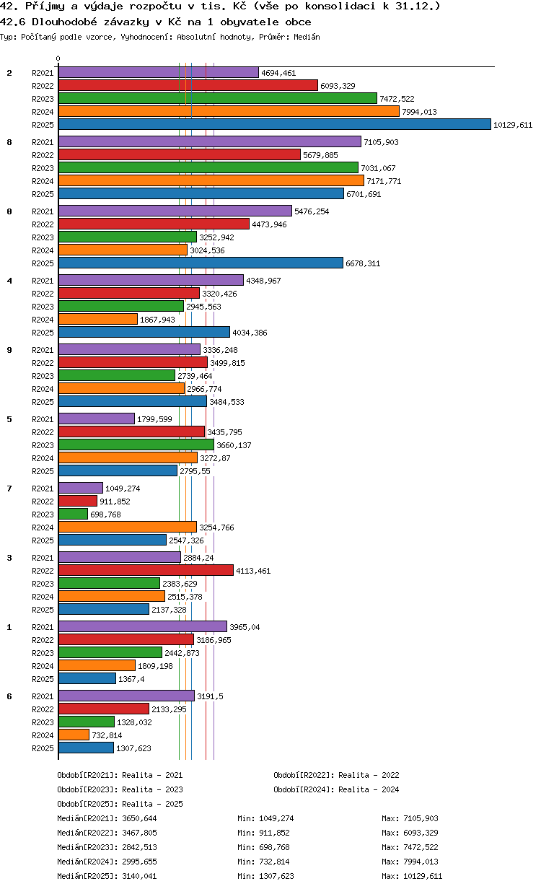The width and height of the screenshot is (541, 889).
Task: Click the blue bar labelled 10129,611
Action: click(x=274, y=125)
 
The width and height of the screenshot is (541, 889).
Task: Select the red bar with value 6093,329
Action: click(x=188, y=85)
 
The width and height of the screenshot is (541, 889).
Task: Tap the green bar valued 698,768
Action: click(x=73, y=514)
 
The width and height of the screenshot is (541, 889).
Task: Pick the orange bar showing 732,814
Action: click(x=74, y=735)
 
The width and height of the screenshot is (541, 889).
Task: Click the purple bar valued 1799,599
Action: click(x=97, y=419)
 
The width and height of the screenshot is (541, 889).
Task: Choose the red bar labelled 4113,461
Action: click(x=146, y=570)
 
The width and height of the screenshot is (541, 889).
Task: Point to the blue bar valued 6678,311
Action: click(x=201, y=263)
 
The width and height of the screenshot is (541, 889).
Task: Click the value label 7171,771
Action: click(x=384, y=181)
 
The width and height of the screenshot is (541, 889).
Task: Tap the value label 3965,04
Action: click(x=245, y=627)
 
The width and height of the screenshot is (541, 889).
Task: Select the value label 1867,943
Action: click(x=157, y=320)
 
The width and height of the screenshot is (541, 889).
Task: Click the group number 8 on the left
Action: click(x=9, y=142)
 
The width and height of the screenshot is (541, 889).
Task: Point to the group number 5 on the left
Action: click(x=9, y=419)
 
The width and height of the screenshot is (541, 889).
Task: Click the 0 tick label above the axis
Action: click(x=58, y=58)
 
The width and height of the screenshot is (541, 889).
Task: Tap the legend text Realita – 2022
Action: click(x=369, y=775)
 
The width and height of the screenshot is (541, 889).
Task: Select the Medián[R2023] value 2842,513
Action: click(x=139, y=847)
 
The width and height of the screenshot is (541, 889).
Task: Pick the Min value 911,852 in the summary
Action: click(x=274, y=833)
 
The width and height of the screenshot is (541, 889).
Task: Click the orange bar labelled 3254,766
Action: click(x=128, y=527)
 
